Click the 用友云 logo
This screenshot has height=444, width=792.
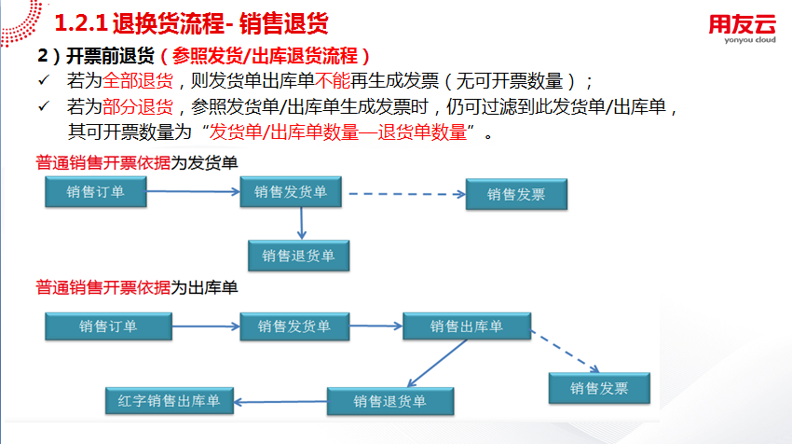tap(742, 23)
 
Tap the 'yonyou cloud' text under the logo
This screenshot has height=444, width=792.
tap(750, 40)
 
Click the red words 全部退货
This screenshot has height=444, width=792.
tap(138, 81)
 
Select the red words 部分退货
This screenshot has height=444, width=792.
tap(138, 106)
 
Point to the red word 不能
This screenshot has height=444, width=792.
tap(333, 81)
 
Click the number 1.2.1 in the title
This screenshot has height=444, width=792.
tap(81, 23)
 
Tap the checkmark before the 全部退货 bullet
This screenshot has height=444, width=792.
tap(44, 80)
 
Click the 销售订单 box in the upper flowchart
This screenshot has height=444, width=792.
tap(96, 191)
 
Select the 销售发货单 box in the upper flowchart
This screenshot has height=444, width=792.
tap(291, 191)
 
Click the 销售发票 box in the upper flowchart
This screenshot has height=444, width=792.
tap(516, 194)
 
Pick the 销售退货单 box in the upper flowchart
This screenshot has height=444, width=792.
tap(298, 256)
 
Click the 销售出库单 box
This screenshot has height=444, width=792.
tap(467, 326)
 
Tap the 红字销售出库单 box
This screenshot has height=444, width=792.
tap(170, 401)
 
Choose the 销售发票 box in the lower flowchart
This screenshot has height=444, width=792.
tap(599, 388)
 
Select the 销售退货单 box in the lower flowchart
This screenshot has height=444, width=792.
tap(390, 401)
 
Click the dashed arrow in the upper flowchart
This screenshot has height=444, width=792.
tap(407, 194)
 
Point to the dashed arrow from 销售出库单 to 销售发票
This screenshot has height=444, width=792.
tap(565, 352)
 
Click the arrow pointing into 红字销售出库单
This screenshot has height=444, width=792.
tap(280, 402)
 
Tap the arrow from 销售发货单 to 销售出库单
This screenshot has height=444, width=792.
tap(376, 326)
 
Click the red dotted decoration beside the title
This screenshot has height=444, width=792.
tap(21, 22)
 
